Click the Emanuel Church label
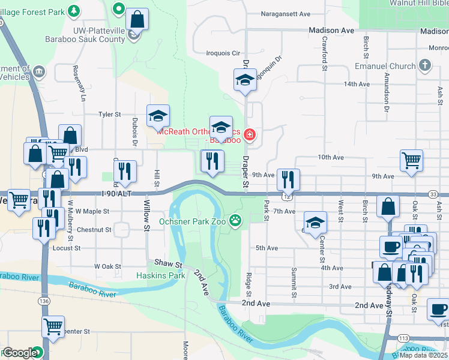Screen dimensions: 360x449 pos(385,65)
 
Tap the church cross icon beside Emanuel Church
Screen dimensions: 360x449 pos(425,65)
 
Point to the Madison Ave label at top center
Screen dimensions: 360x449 pos(331,30)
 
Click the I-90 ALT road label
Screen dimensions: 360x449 pos(116,193)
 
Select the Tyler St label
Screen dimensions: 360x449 pos(109,114)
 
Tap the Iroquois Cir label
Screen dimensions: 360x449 pos(223,53)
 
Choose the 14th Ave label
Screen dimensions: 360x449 pos(357,84)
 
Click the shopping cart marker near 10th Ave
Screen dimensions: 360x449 pos(411,160)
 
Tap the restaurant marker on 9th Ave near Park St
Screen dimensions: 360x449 pos(288,179)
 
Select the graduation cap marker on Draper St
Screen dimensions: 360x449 pos(245,80)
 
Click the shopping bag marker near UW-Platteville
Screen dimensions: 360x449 pos(137,19)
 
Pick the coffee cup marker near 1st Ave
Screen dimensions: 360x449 pos(438,310)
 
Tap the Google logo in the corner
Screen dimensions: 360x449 pos(19,353)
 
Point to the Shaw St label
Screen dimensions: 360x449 pos(168,263)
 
